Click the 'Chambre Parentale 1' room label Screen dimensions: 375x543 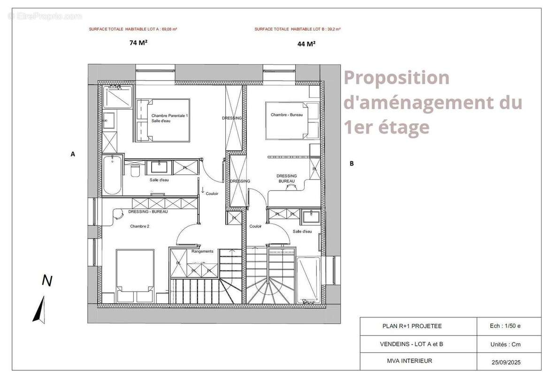(169, 115)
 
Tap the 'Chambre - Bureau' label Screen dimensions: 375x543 (286, 115)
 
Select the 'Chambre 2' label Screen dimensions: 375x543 (139, 226)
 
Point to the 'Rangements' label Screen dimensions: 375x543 (202, 252)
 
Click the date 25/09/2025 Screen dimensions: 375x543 (506, 362)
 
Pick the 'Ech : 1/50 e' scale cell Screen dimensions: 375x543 (505, 326)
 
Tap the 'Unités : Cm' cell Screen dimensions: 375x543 (505, 344)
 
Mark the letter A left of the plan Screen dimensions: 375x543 (73, 153)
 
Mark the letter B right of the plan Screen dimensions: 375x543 (352, 164)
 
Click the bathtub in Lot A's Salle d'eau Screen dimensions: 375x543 (113, 174)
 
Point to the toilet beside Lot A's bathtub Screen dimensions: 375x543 (136, 171)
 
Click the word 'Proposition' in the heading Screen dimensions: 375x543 (397, 78)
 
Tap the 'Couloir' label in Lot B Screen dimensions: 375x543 (256, 226)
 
